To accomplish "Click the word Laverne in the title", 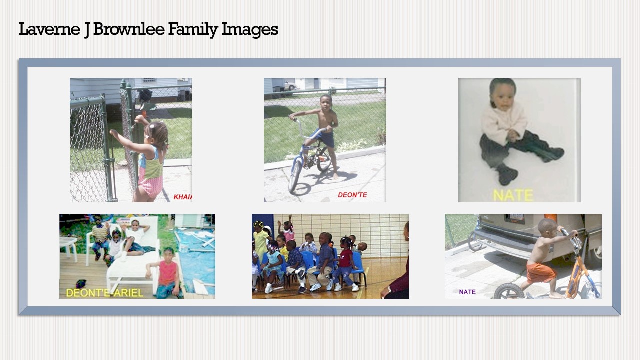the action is pyautogui.click(x=49, y=29).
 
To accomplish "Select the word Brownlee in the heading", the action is pyautogui.click(x=129, y=29).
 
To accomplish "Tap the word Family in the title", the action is pyautogui.click(x=193, y=30).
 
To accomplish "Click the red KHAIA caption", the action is pyautogui.click(x=183, y=197).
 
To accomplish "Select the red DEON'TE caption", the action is pyautogui.click(x=352, y=195).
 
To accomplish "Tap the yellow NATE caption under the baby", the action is pyautogui.click(x=513, y=195).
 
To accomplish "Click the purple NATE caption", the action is pyautogui.click(x=467, y=292).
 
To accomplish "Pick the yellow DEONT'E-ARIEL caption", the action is pyautogui.click(x=104, y=293).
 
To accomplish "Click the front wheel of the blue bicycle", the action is pyautogui.click(x=295, y=176).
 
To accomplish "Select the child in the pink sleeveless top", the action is pyautogui.click(x=167, y=273).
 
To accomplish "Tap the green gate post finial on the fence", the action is pyautogui.click(x=123, y=84).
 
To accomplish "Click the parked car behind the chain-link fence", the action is pyautogui.click(x=290, y=85).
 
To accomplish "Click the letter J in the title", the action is pyautogui.click(x=87, y=30).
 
